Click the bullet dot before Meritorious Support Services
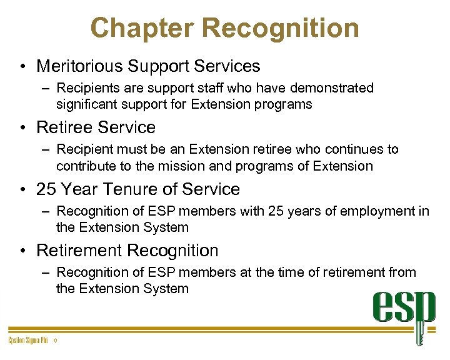22,66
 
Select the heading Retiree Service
96,127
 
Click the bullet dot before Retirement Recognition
22,251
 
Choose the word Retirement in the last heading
79,251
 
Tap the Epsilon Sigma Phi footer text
28,341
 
